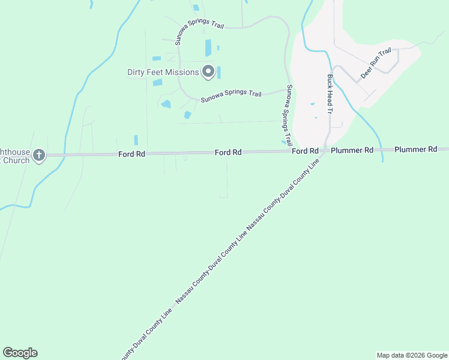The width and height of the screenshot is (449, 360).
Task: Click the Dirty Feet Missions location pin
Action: pyautogui.click(x=208, y=72)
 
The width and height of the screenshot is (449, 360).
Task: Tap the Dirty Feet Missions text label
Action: pyautogui.click(x=163, y=73)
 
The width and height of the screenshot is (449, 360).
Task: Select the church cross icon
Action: pyautogui.click(x=39, y=155)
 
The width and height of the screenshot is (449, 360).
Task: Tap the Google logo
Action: pyautogui.click(x=20, y=353)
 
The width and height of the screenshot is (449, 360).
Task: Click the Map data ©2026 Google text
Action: pyautogui.click(x=412, y=355)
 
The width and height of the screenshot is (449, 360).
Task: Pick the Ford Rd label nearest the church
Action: pyautogui.click(x=131, y=154)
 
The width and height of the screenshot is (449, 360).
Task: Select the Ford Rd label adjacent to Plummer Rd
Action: pyautogui.click(x=305, y=151)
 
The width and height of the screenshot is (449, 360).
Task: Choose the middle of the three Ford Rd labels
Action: pyautogui.click(x=228, y=153)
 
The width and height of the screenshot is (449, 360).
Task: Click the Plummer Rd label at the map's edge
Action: pyautogui.click(x=415, y=149)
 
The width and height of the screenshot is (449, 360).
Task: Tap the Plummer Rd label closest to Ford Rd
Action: pyautogui.click(x=352, y=150)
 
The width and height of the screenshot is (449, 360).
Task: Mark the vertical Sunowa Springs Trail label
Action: pyautogui.click(x=289, y=115)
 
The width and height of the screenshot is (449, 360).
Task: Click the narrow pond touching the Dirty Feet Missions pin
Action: pyautogui.click(x=218, y=73)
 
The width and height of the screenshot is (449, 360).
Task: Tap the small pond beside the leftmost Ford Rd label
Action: pyautogui.click(x=136, y=140)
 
